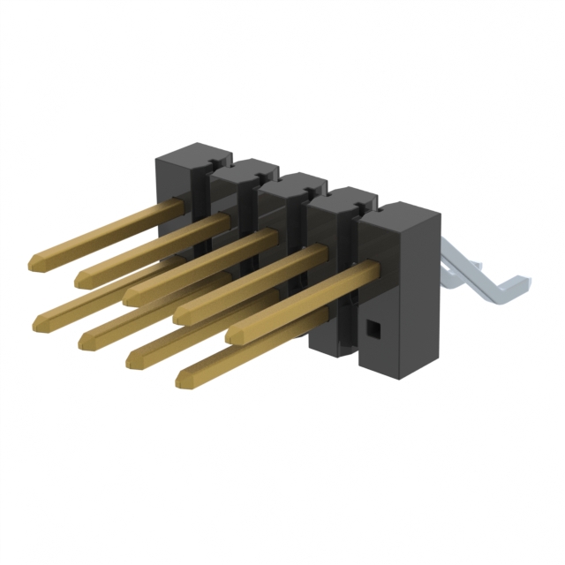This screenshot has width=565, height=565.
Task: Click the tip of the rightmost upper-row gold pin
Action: pyautogui.click(x=233, y=335)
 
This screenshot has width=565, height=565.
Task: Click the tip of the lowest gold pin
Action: pyautogui.click(x=183, y=380)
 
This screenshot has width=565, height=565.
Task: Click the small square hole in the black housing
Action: pyautogui.click(x=372, y=329)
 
